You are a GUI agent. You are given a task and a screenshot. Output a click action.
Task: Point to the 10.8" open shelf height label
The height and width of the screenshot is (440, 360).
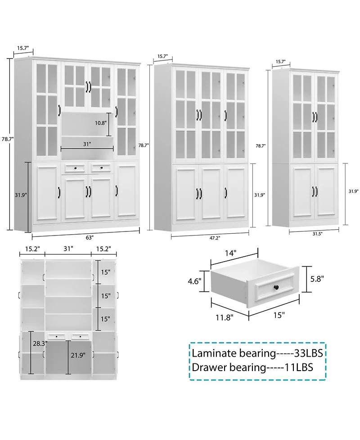(100, 122)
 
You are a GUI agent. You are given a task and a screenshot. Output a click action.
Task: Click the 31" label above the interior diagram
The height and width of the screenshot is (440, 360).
(68, 248)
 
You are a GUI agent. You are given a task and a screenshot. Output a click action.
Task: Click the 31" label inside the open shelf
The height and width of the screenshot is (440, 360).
(87, 144)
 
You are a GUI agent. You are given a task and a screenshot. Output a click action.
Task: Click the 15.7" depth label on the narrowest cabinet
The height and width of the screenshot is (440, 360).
(280, 62)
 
